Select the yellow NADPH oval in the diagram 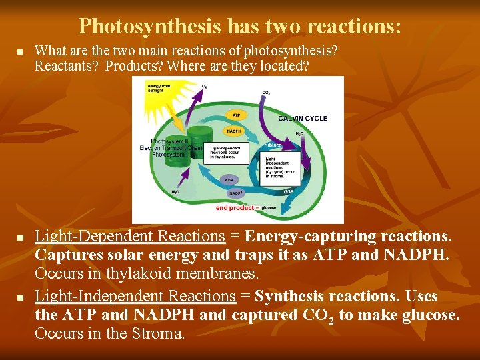234,131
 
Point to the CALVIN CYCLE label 303,119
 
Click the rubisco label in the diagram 272,145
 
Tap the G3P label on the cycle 289,192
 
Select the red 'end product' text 235,208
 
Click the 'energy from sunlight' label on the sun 159,89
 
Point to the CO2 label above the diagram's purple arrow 265,93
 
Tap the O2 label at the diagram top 204,85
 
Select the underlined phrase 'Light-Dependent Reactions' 129,237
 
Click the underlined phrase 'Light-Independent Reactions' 135,296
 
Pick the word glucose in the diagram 269,208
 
